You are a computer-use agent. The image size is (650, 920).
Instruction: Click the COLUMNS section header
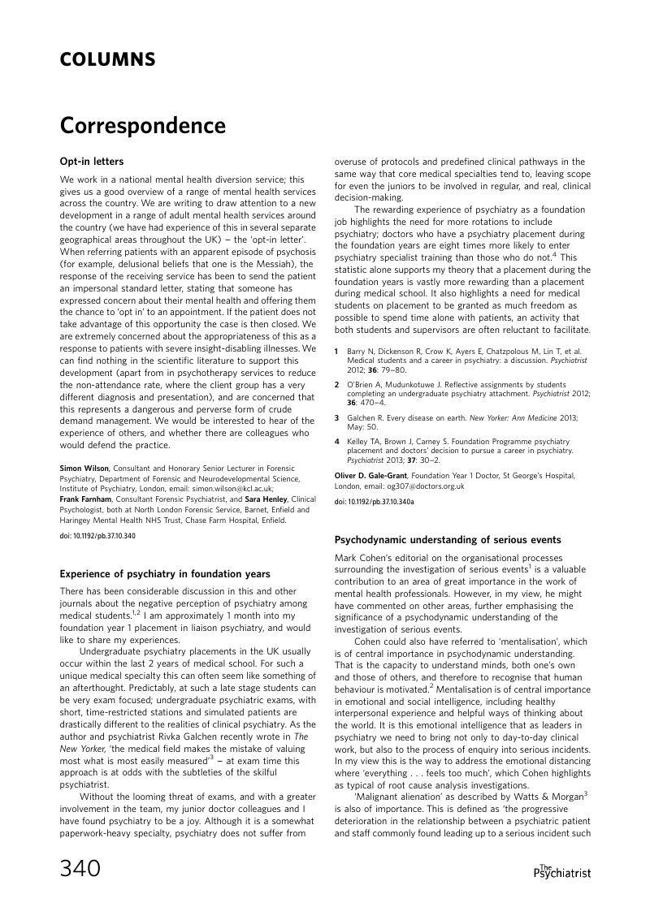click(107, 59)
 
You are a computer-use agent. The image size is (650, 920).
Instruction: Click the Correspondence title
click(142, 127)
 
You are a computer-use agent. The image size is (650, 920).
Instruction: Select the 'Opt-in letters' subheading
click(92, 162)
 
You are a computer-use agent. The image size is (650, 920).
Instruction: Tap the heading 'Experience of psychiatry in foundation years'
click(165, 573)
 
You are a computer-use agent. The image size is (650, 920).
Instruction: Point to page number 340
click(80, 869)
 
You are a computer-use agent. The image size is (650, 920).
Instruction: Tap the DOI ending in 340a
click(374, 502)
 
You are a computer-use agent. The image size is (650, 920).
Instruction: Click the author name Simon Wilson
click(84, 468)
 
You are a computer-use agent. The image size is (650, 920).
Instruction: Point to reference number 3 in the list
click(337, 417)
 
